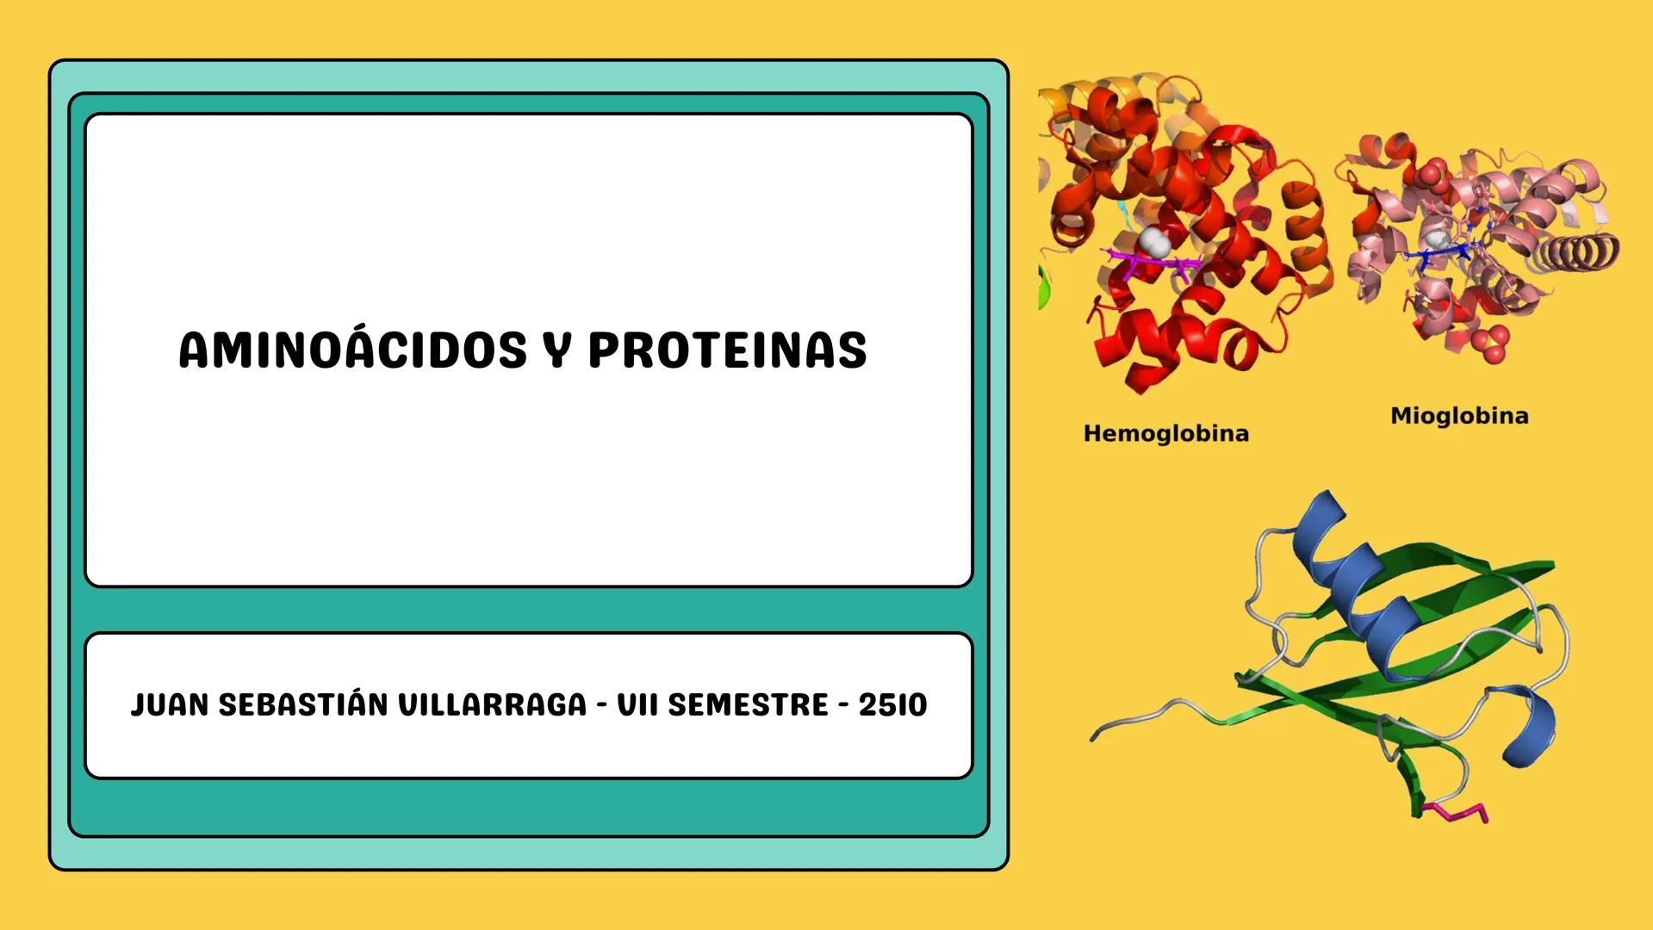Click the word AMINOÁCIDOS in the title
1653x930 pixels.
[x=352, y=350]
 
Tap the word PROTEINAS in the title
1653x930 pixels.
[x=727, y=350]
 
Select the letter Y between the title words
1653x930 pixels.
[x=558, y=350]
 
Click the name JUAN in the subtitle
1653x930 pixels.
[x=170, y=705]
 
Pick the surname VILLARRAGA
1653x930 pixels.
[x=492, y=705]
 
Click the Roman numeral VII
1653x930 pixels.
[x=637, y=705]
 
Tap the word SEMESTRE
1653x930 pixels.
[x=748, y=705]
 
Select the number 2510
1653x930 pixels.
[x=892, y=705]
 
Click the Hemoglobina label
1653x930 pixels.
[x=1165, y=433]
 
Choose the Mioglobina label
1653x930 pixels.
[x=1459, y=416]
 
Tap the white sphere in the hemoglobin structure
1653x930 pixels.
[x=1152, y=242]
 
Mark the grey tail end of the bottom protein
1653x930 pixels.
[x=1098, y=734]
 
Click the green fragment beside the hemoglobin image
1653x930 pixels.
[x=1044, y=288]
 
